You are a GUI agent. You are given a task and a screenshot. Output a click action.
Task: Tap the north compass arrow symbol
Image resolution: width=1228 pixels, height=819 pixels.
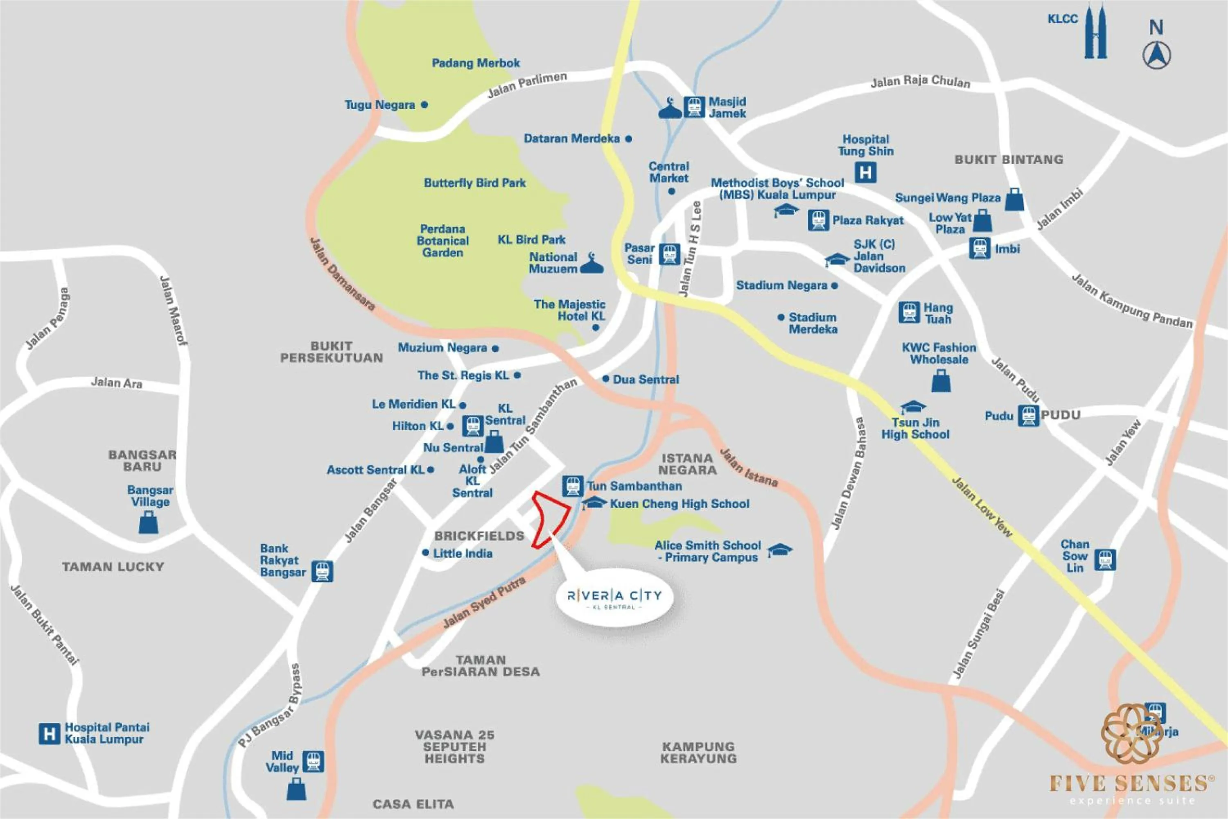pos(1156,55)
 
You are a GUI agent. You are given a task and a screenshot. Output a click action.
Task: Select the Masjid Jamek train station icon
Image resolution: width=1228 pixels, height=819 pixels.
pos(694,107)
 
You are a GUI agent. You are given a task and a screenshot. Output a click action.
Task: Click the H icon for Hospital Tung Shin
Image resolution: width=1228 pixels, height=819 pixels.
pos(865,172)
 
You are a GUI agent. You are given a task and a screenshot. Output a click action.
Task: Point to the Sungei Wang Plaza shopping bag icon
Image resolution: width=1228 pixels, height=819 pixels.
pos(1014,199)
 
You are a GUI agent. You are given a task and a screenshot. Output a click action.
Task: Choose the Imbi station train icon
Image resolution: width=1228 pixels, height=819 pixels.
pos(980,249)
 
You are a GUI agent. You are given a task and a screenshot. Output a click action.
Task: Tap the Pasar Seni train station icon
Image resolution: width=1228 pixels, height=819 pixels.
pos(669,254)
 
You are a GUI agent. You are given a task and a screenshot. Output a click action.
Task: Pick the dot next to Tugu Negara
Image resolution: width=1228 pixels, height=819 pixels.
pos(424,105)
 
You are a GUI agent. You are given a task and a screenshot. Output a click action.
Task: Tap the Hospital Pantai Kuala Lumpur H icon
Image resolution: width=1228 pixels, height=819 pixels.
pos(49,734)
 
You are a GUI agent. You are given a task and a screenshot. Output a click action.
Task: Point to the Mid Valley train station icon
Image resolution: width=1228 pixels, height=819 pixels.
pos(313,762)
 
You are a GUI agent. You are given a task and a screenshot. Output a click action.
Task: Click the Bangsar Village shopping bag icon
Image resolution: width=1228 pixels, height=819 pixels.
pos(148,523)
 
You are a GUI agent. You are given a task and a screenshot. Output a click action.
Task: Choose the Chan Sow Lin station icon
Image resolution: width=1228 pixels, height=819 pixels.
pos(1105,560)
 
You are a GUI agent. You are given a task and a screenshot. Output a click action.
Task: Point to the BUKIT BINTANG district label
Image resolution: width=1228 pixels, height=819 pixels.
pos(1009,160)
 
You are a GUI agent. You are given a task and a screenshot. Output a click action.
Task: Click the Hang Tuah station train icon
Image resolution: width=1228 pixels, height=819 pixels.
pos(909,312)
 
